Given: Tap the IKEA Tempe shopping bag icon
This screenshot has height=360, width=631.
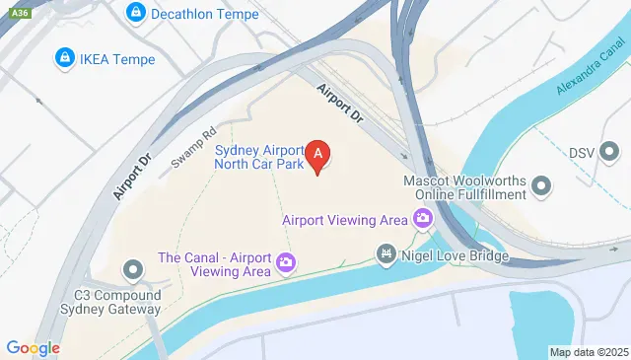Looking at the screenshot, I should (65, 58).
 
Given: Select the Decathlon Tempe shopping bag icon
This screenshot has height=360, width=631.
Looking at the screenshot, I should (136, 13).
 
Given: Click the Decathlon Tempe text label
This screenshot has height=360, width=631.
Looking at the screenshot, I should (196, 13).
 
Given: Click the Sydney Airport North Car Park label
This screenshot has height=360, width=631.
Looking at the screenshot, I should (259, 157).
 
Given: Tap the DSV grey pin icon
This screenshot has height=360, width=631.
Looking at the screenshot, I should (611, 152).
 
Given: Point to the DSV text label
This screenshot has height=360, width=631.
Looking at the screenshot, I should (583, 153).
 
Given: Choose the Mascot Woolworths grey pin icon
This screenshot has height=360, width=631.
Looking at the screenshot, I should (540, 185).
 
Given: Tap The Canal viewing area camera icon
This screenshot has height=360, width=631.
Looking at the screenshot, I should (286, 262).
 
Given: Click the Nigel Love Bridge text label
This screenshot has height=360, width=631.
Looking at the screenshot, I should (455, 256).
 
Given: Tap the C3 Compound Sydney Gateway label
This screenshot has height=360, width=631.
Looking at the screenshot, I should (117, 301).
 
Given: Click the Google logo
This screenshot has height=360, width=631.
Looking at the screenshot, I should (33, 347).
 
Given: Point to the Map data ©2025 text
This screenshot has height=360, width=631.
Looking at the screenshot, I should (588, 352).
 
